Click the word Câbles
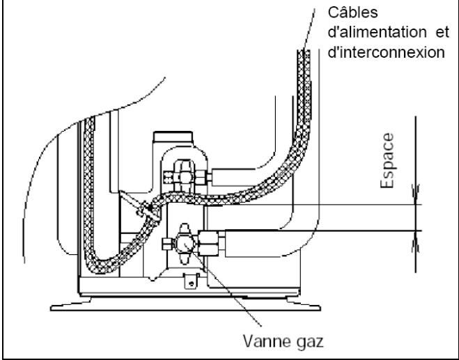[352, 13]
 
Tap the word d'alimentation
[377, 32]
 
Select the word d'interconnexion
[386, 52]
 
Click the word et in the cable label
[442, 33]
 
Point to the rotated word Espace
[387, 160]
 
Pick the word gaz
[310, 343]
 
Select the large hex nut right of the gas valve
[208, 243]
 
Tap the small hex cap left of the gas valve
[167, 244]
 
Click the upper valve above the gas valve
[185, 177]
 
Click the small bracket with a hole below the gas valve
[191, 281]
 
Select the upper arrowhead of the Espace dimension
[416, 194]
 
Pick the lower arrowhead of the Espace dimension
[416, 241]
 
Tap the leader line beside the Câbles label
[309, 29]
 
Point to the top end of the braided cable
[304, 52]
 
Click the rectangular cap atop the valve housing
[173, 137]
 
